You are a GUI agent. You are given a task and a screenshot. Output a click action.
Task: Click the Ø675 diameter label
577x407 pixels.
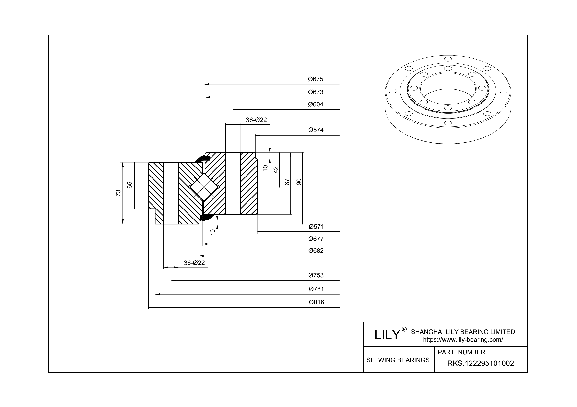pos(316,79)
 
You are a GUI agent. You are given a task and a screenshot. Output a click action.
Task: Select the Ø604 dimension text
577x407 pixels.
pos(316,104)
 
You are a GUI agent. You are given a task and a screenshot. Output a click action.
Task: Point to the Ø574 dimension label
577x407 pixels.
pos(316,130)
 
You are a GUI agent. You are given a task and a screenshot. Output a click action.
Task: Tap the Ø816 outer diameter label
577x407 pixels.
pos(316,302)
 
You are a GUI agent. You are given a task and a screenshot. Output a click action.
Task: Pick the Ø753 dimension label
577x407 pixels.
pos(316,275)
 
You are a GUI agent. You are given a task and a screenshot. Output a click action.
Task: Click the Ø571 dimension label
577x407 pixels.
pos(316,227)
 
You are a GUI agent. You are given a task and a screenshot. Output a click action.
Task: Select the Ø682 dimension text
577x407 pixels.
pos(316,251)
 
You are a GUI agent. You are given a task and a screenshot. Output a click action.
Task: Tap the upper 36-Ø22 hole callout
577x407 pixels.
pos(256,120)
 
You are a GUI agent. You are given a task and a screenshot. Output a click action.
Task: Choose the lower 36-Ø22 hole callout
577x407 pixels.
pos(194,263)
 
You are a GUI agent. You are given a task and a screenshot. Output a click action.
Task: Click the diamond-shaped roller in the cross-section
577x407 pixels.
pos(204,187)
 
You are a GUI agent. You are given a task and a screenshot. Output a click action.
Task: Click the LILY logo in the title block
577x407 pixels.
pos(387,334)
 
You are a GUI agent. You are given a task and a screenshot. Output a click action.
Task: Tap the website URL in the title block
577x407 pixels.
pos(463,340)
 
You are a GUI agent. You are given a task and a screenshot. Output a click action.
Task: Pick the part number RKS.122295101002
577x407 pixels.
pos(480,363)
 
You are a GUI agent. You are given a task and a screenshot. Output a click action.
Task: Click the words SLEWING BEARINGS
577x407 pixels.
pos(398,360)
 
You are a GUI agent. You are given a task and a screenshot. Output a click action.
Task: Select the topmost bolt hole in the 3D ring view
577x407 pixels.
pos(448,59)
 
